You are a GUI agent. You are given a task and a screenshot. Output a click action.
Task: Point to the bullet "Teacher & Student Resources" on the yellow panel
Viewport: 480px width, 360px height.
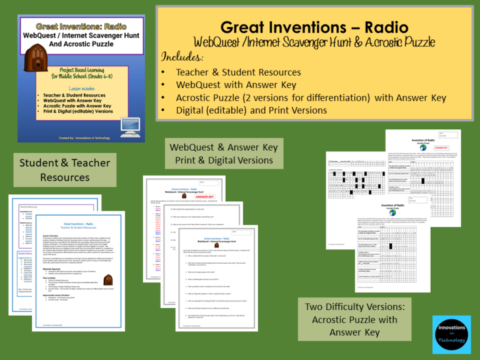[x=238, y=72]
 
